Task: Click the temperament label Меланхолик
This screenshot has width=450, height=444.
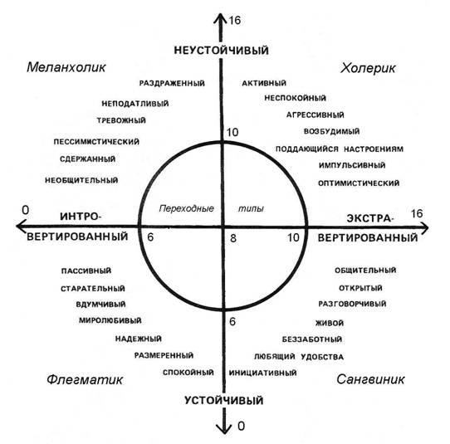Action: point(66,67)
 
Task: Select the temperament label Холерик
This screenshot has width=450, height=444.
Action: point(368,68)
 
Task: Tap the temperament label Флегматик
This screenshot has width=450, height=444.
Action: point(85,380)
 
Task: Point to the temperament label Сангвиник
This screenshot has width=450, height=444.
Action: point(370,379)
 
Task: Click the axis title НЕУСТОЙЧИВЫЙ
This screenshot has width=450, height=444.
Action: point(222,51)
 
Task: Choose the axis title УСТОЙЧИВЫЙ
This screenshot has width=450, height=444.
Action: point(224,400)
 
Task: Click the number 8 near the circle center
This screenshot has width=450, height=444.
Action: point(233,238)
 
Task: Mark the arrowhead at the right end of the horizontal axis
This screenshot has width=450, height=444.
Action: point(424,227)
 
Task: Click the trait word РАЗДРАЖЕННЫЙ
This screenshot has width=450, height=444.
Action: point(172,83)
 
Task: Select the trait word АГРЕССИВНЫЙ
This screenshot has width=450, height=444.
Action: point(315,115)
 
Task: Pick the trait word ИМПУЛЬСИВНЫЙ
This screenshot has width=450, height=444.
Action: point(352,165)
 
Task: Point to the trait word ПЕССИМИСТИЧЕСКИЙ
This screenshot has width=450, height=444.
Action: point(96,142)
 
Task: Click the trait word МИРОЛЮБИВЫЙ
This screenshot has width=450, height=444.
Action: point(110,320)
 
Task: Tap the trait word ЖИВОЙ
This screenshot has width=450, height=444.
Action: point(330,323)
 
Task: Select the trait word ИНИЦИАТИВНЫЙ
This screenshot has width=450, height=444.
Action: point(262,373)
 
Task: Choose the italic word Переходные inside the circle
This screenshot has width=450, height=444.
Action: point(187,208)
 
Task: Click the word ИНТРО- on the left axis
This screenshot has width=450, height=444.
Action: point(81,217)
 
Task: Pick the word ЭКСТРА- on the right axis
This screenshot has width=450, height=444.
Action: point(369,218)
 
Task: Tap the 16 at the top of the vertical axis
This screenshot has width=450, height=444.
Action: point(234,21)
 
